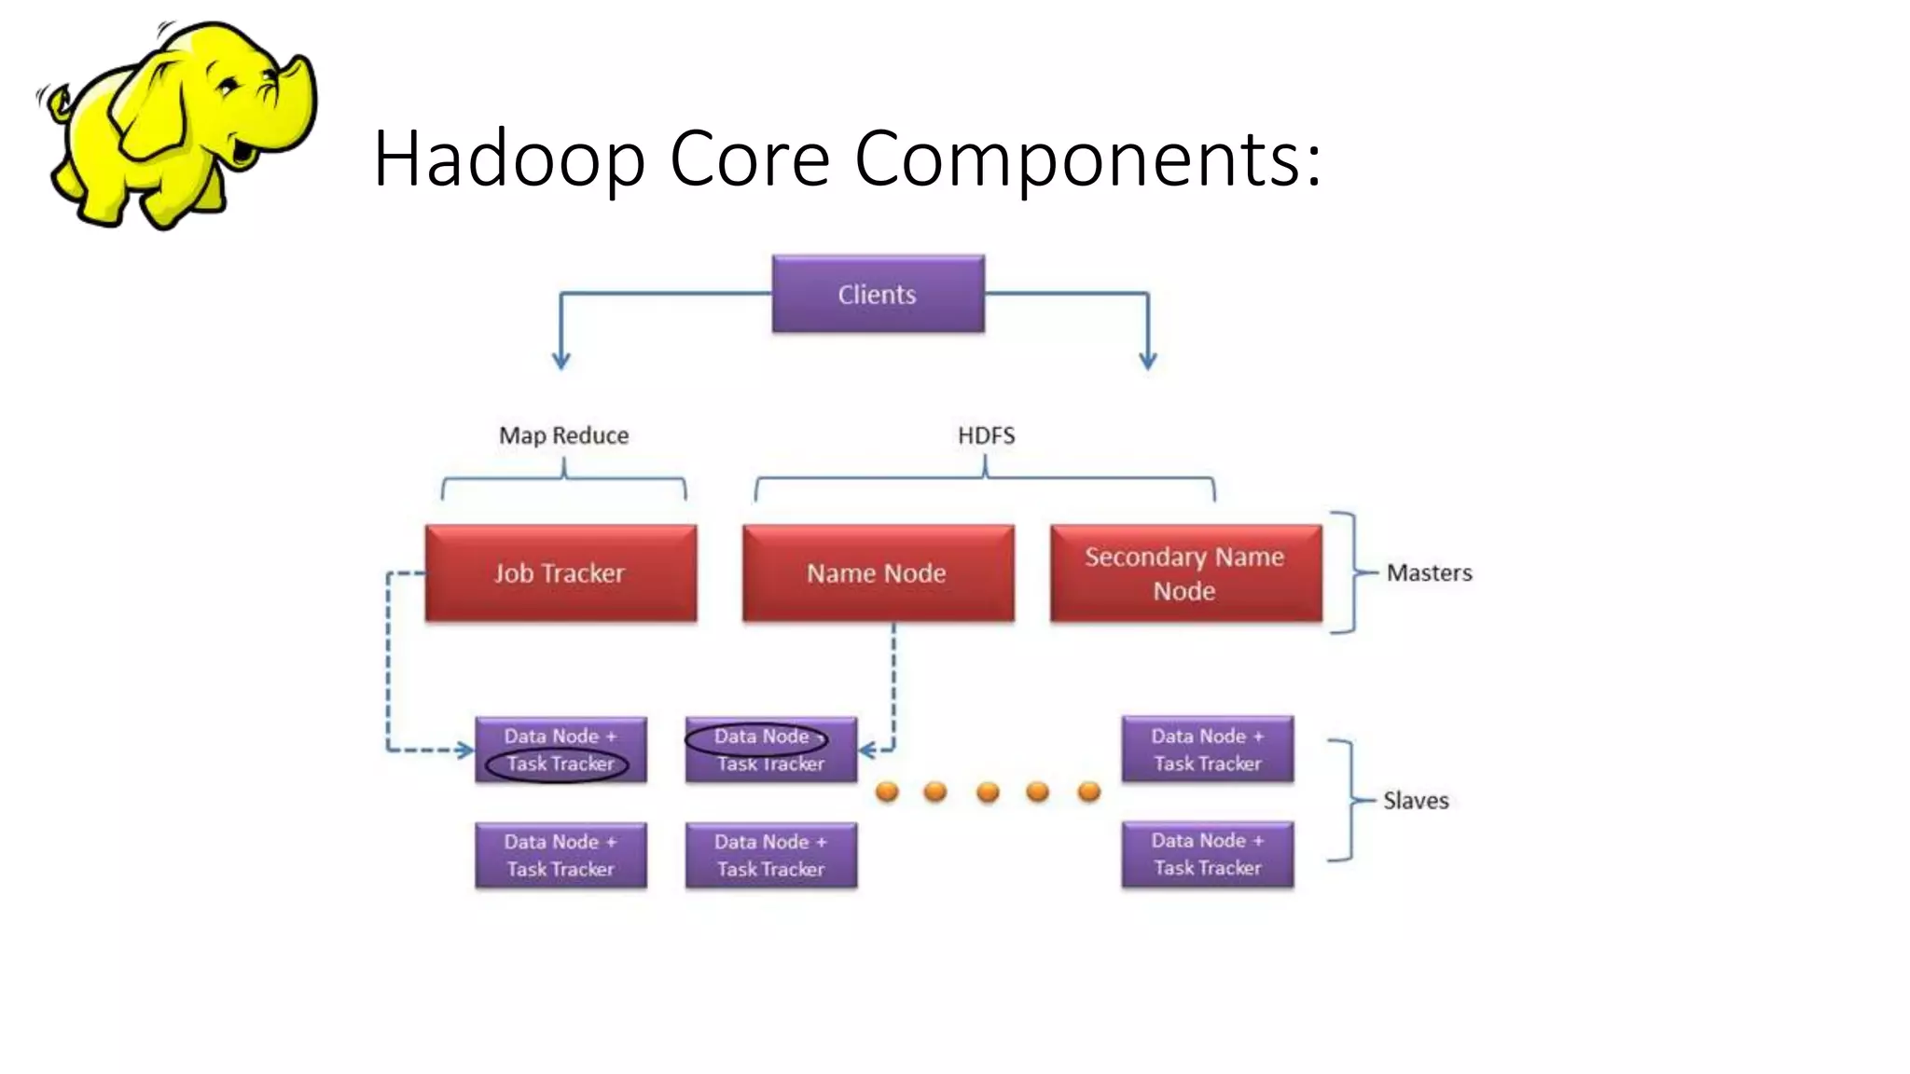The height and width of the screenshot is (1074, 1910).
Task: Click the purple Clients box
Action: pos(878,294)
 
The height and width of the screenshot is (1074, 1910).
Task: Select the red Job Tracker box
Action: pos(561,572)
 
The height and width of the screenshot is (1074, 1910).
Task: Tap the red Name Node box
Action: pos(878,572)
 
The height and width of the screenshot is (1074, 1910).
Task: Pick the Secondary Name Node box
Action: pos(1185,572)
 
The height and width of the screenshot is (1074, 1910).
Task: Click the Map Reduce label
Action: pos(563,435)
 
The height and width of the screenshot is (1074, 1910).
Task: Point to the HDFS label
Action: pos(986,435)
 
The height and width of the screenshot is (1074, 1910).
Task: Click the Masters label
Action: pos(1429,572)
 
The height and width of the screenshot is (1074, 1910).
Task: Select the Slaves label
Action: pos(1415,801)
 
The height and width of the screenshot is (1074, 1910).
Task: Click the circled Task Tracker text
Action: pos(559,764)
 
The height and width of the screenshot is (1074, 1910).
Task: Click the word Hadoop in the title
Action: pos(508,158)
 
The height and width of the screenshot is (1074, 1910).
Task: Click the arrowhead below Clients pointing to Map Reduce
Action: pos(561,361)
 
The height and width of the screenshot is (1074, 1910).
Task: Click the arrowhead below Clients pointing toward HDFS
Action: pos(1148,361)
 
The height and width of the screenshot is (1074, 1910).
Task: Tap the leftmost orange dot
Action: pos(887,792)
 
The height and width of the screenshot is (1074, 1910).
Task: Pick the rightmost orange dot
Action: pos(1088,792)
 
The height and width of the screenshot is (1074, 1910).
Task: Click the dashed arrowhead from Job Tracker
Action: pos(464,750)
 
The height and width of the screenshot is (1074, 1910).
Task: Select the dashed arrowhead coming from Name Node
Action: pos(866,750)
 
